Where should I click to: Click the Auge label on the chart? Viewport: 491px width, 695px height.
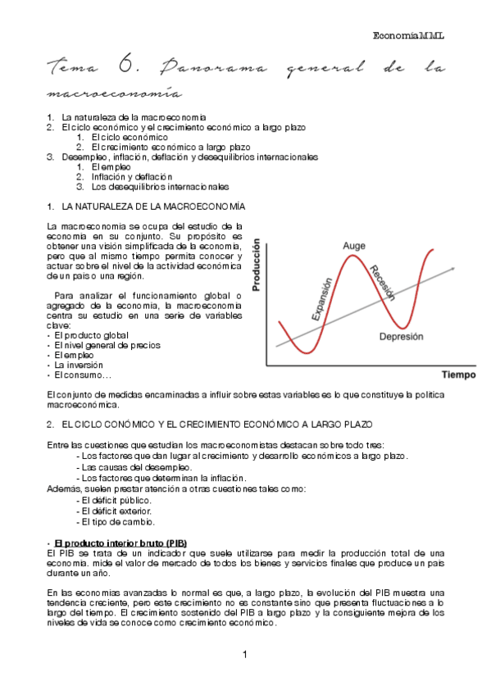point(354,246)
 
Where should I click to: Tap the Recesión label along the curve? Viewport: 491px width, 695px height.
point(382,284)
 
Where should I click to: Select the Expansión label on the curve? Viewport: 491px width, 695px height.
point(321,298)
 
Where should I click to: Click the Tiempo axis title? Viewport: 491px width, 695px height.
point(458,375)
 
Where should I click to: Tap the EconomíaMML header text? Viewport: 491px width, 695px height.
point(412,36)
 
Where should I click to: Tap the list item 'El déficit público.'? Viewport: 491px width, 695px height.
point(118,500)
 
